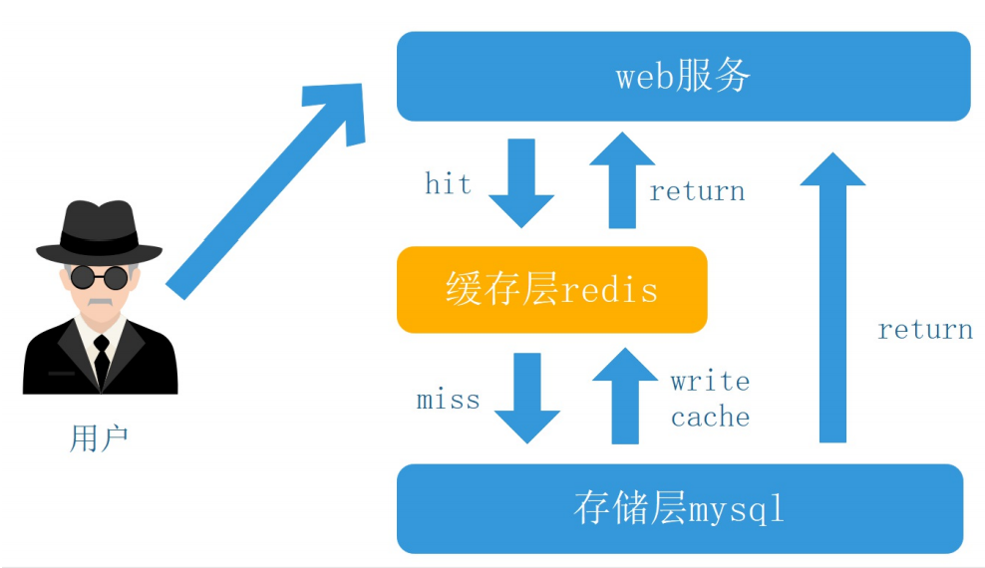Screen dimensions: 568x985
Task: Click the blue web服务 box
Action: click(683, 76)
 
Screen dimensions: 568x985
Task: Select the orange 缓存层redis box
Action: click(551, 289)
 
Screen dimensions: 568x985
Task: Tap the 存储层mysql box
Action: click(679, 508)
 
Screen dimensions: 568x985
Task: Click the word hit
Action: click(448, 183)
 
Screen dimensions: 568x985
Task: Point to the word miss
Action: click(448, 401)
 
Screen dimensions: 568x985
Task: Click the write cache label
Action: click(710, 399)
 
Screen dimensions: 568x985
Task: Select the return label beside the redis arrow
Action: click(697, 190)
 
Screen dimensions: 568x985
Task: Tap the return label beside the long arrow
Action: click(924, 329)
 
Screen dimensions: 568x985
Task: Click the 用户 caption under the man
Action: click(99, 438)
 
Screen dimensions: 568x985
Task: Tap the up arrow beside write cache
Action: click(625, 396)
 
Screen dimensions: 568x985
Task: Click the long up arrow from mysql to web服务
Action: click(832, 299)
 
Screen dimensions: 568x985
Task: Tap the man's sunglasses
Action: click(99, 276)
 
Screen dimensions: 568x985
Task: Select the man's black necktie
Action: click(101, 359)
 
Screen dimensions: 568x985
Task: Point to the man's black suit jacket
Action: click(55, 364)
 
